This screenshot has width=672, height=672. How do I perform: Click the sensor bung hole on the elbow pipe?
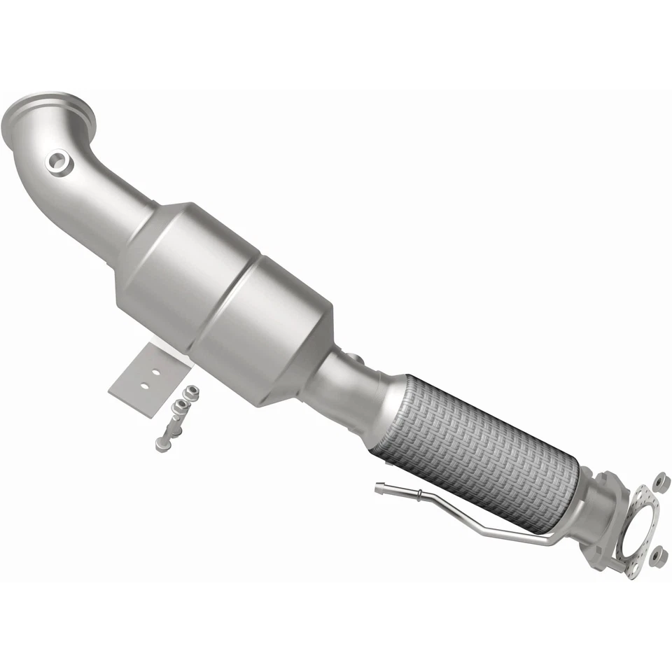(59, 162)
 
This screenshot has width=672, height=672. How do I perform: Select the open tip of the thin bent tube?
(378, 489)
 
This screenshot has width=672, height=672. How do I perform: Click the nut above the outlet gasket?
(659, 482)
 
